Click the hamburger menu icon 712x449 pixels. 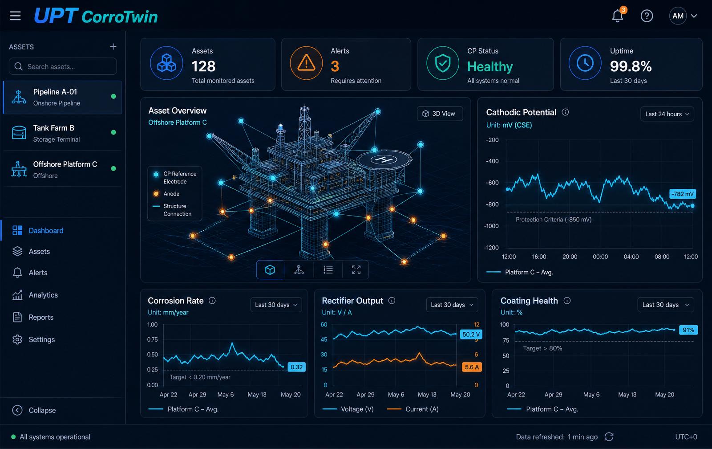click(15, 16)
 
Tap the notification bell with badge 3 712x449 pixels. click(618, 15)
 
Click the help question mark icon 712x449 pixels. click(647, 16)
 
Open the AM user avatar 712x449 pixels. click(678, 16)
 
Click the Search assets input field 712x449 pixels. click(63, 66)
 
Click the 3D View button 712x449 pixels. click(440, 114)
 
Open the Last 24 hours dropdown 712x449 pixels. click(667, 114)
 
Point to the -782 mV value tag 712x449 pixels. click(683, 194)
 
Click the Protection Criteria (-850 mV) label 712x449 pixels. click(554, 220)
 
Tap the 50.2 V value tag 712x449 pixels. click(471, 334)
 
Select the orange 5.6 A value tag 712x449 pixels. click(472, 367)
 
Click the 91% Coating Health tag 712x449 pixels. click(688, 330)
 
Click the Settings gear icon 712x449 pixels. click(17, 339)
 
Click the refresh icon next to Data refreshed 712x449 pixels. click(609, 437)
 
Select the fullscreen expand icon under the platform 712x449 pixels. click(356, 270)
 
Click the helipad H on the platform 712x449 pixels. click(384, 159)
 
